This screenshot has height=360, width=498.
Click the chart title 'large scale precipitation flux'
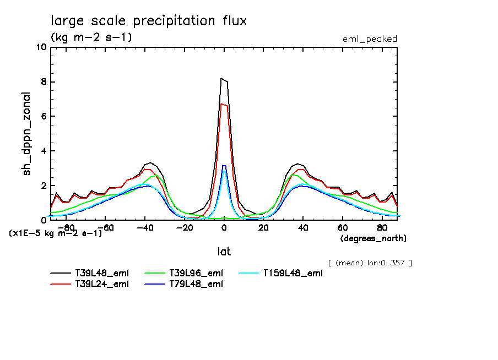[x=149, y=21]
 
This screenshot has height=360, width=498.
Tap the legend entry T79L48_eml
[x=196, y=284]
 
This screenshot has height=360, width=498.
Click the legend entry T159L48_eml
[x=292, y=273]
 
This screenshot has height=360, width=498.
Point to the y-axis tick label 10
[x=41, y=47]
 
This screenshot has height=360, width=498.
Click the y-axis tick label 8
[x=43, y=82]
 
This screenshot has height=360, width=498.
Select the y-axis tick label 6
[x=43, y=117]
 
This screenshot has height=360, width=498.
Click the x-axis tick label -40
[x=144, y=228]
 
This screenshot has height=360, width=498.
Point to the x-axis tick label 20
[x=263, y=228]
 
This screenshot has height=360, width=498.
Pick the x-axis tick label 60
[x=342, y=228]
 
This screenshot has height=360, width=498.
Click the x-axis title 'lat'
[x=224, y=252]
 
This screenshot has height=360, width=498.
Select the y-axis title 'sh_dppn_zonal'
[x=26, y=134]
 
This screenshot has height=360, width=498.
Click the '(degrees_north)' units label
[x=373, y=238]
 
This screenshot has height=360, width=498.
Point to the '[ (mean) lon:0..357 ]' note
[x=370, y=263]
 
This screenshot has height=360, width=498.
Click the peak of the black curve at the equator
[x=221, y=78]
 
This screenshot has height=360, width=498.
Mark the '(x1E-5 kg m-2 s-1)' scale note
[x=55, y=233]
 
